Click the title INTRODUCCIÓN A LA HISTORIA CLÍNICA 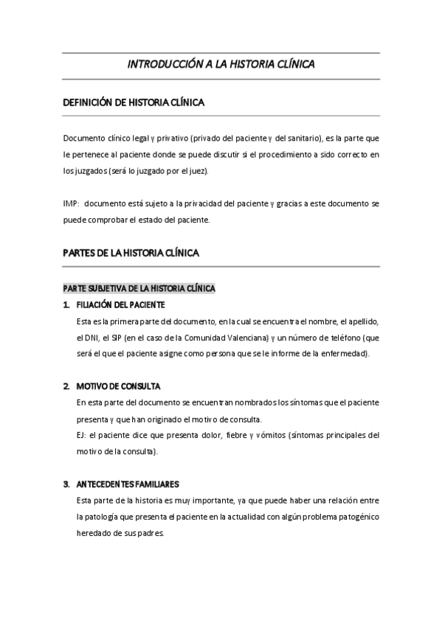221,64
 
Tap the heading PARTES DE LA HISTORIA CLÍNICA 131,253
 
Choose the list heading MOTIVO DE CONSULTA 117,386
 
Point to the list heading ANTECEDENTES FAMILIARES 127,484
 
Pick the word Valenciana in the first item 246,338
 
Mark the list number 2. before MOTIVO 66,386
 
